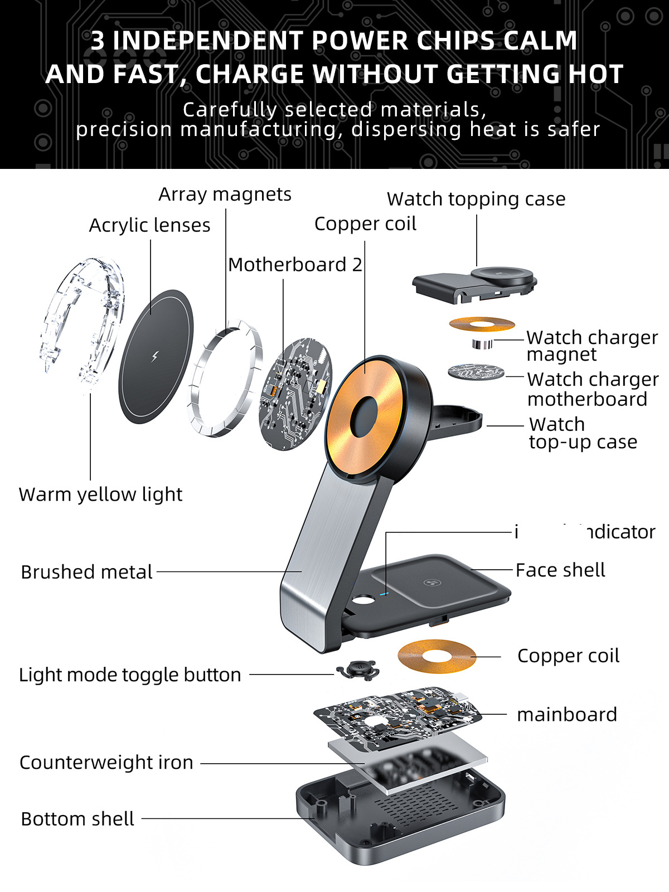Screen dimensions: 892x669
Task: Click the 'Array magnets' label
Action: click(225, 194)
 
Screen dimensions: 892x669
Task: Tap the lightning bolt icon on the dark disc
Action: click(155, 356)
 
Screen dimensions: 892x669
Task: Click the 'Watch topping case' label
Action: click(476, 199)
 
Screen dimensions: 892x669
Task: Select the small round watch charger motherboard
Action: click(476, 372)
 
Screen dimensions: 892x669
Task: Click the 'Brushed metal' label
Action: click(86, 572)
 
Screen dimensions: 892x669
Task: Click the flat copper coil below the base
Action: click(437, 656)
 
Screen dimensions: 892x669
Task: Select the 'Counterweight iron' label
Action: click(106, 763)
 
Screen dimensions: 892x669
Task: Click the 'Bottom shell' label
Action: click(77, 819)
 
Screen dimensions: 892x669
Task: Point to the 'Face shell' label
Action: click(560, 570)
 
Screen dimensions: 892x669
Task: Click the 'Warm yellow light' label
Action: click(100, 495)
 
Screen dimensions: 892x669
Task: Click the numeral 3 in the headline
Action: click(98, 41)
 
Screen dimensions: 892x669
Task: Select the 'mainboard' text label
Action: click(567, 715)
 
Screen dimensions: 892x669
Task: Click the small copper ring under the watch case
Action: click(482, 324)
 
